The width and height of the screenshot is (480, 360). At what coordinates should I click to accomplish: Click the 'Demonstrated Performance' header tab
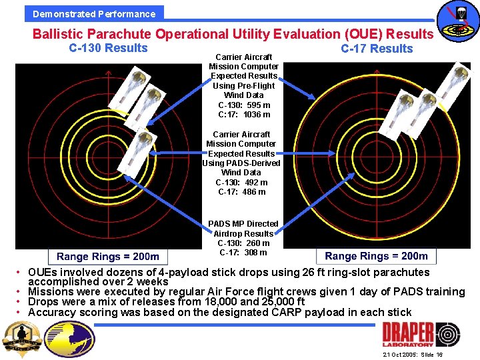tap(94, 13)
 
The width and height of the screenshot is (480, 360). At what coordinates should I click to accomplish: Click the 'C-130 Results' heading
tap(108, 48)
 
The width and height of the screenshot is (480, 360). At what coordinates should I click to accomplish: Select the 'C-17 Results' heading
tap(377, 49)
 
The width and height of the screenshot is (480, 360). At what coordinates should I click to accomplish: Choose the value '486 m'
tap(253, 192)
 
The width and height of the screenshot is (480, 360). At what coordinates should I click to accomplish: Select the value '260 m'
tap(257, 243)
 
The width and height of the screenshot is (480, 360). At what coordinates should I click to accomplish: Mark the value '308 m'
tap(255, 253)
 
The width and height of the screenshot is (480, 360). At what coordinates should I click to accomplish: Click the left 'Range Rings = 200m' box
tap(108, 257)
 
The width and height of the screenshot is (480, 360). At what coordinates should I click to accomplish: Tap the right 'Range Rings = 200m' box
tap(376, 256)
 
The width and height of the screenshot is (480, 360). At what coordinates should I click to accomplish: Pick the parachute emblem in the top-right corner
tap(457, 20)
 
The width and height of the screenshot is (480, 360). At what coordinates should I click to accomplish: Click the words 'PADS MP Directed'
tap(243, 224)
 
